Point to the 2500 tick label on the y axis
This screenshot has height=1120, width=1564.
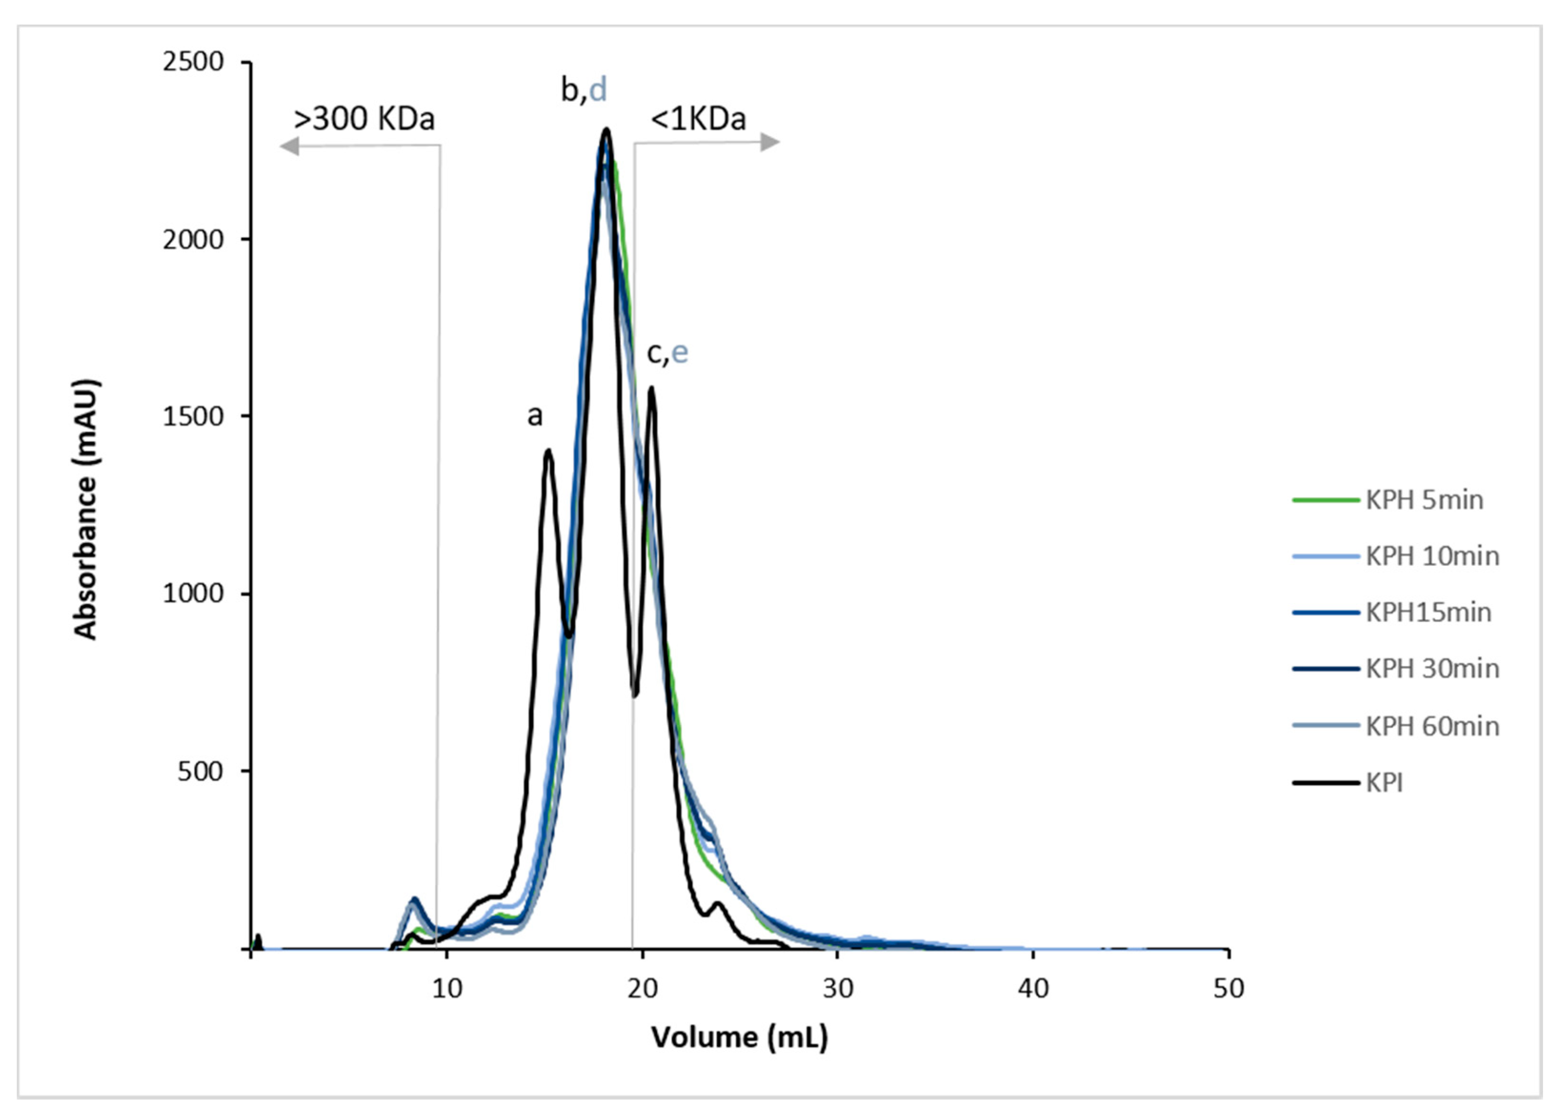tap(193, 62)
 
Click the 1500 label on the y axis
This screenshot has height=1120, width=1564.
tap(193, 416)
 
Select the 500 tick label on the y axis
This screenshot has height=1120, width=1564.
tap(200, 771)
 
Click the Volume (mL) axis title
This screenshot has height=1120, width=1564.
tap(739, 1037)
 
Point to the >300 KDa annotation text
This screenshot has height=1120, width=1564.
tap(364, 119)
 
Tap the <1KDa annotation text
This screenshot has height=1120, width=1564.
tap(698, 119)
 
